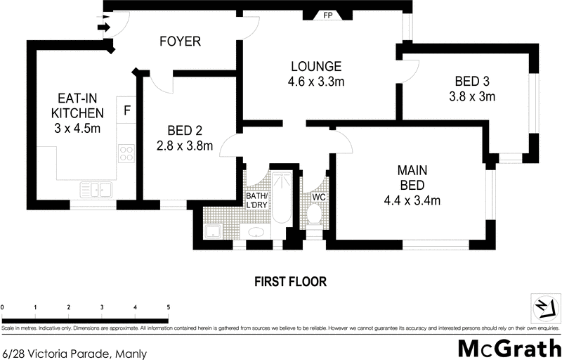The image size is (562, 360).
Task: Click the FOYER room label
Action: [179, 41]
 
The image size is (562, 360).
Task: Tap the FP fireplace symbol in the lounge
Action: [327, 15]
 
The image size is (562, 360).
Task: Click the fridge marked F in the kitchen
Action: [127, 110]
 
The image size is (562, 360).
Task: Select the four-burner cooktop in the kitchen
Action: [126, 153]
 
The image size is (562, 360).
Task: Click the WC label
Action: [320, 198]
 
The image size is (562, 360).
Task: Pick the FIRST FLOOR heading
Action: [290, 282]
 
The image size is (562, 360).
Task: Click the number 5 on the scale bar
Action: [167, 308]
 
